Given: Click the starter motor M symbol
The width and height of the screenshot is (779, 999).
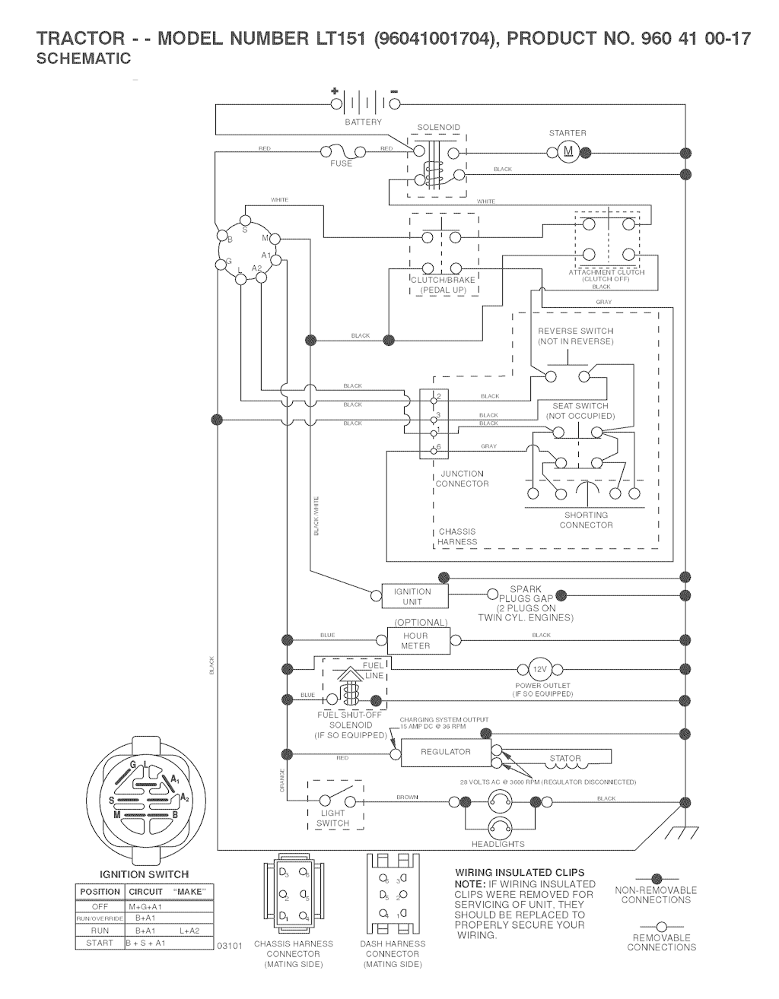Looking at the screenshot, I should click(x=568, y=152).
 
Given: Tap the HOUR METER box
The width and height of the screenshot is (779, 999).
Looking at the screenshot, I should click(x=415, y=640).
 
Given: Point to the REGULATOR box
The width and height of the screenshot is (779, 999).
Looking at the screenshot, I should click(x=446, y=752).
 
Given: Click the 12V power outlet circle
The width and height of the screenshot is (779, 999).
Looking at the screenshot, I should click(x=539, y=669).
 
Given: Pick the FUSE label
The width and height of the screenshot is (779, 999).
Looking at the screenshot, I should click(x=342, y=163).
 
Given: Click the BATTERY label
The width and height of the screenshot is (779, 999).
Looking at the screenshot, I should click(x=364, y=122).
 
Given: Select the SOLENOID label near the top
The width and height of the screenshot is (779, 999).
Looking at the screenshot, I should click(x=438, y=128).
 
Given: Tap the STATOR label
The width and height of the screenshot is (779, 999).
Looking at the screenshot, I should click(x=565, y=758).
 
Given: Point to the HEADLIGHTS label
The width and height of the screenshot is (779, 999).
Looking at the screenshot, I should click(x=498, y=844).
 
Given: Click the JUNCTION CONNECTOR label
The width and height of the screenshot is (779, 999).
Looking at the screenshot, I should click(x=462, y=479).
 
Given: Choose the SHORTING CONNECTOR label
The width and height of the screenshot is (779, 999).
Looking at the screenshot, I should click(x=586, y=520).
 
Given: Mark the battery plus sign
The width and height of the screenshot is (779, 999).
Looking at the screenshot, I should click(x=334, y=91).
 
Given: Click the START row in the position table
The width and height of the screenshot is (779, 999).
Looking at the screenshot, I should click(x=100, y=943).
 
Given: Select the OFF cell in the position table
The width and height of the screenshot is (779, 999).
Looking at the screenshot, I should click(x=100, y=907).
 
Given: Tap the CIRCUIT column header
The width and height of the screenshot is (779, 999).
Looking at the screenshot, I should click(x=145, y=891).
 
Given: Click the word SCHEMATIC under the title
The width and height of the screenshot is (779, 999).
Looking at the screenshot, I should click(x=84, y=59).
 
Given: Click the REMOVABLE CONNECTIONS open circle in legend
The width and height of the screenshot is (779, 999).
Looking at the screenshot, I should click(x=660, y=927).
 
